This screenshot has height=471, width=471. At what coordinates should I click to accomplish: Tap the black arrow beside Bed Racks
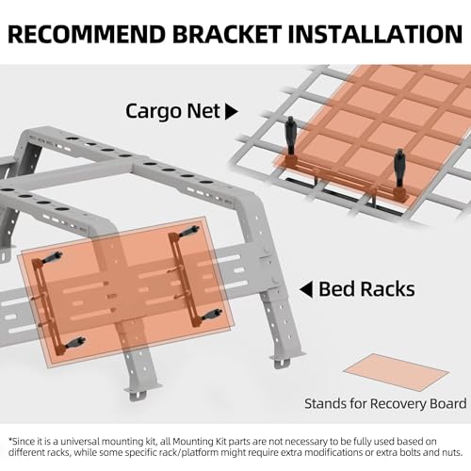(307, 288)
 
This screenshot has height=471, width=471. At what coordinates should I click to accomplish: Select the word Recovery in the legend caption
(388, 403)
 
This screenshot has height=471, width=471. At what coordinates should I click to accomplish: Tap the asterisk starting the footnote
(11, 440)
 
